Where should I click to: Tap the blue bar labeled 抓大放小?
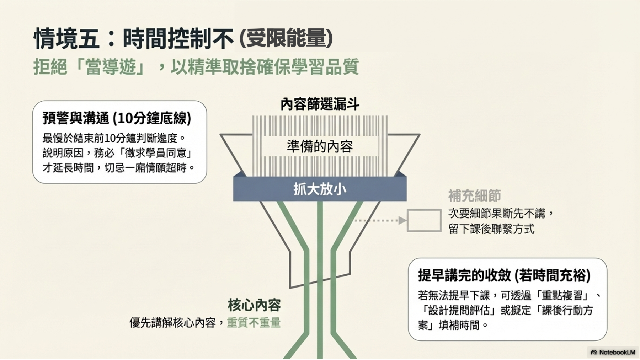click(x=320, y=189)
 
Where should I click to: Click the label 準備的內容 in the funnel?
click(x=320, y=146)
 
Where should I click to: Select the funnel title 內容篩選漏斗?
click(x=320, y=104)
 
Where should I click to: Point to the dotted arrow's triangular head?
click(x=402, y=220)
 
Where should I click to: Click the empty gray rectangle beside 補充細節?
click(x=424, y=220)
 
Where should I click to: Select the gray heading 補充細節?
click(x=474, y=196)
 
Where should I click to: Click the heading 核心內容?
click(x=254, y=305)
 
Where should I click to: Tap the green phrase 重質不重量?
click(x=254, y=322)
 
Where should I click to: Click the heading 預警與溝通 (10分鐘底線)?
click(x=117, y=118)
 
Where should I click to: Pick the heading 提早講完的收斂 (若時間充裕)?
click(x=504, y=275)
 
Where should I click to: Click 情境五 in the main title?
click(x=66, y=38)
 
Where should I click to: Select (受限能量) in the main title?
click(x=287, y=38)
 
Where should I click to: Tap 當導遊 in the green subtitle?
click(x=111, y=67)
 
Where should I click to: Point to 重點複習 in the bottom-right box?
click(x=562, y=295)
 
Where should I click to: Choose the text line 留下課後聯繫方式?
click(x=491, y=229)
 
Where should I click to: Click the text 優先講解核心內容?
click(x=173, y=322)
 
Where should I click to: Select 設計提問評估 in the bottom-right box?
click(x=459, y=310)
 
